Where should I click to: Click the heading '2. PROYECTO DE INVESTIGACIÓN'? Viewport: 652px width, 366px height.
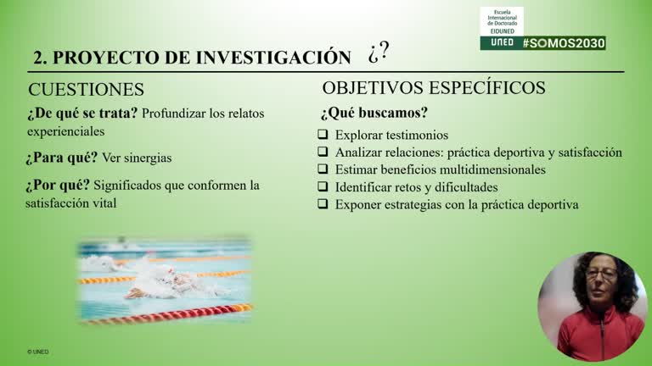(x=192, y=58)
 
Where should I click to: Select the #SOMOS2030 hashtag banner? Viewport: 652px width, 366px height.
(x=563, y=42)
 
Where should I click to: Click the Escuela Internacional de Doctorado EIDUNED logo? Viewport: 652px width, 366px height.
(x=502, y=21)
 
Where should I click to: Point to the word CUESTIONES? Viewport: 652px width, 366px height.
(x=86, y=90)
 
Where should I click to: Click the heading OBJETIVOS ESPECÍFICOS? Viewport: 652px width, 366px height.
(x=434, y=88)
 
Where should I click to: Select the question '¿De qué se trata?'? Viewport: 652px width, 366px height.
(x=82, y=114)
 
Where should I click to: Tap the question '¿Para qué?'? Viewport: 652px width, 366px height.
(x=62, y=158)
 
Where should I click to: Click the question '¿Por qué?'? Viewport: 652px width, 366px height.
(x=58, y=185)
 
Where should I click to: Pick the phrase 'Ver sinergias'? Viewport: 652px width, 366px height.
(x=137, y=158)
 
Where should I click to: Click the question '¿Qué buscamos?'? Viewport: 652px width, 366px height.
(x=374, y=113)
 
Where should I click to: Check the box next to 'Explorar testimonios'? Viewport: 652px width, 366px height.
(x=323, y=135)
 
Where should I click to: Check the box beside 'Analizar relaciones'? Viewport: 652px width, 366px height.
(x=323, y=152)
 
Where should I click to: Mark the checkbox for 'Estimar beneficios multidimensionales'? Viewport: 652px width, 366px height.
(x=323, y=169)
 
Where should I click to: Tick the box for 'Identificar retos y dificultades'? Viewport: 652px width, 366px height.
(x=323, y=186)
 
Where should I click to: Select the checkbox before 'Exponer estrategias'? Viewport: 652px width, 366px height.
(x=323, y=204)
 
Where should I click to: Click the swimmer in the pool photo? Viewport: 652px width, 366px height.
(x=161, y=282)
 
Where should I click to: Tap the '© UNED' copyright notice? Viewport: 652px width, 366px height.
(x=37, y=351)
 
